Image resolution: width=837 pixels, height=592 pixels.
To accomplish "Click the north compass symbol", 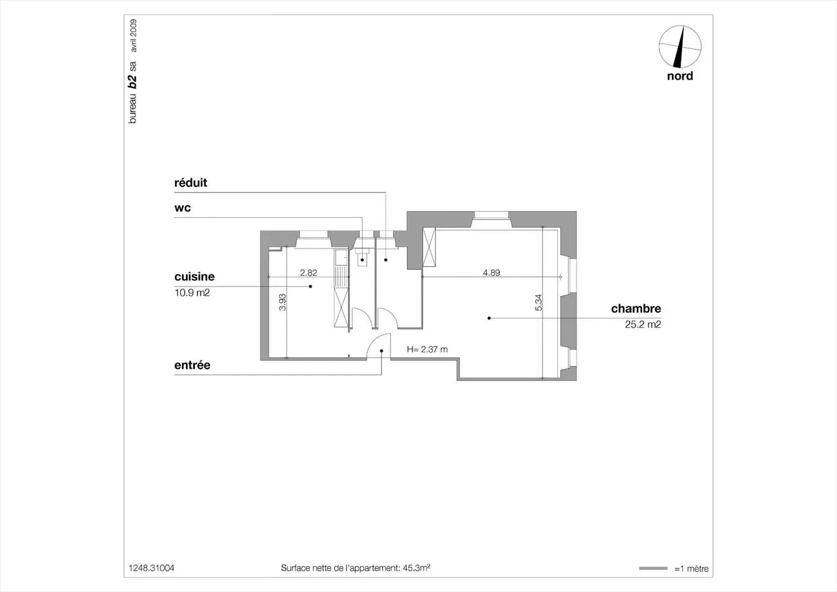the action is (x=680, y=47).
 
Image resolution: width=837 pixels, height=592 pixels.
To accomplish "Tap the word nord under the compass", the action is (x=680, y=76).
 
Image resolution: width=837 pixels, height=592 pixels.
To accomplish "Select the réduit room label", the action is (x=191, y=183).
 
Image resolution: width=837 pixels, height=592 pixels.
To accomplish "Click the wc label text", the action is (x=183, y=208).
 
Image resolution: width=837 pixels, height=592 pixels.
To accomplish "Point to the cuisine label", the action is (x=194, y=277).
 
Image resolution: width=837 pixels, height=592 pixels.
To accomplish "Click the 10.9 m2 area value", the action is (x=192, y=293).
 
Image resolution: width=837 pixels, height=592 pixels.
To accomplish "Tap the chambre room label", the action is (x=636, y=309).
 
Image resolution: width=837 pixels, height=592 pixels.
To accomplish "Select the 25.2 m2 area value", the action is (x=643, y=324).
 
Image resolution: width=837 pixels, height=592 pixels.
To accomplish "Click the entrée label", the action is (x=192, y=365).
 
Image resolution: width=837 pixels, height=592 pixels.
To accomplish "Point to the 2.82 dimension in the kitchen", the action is (x=308, y=273).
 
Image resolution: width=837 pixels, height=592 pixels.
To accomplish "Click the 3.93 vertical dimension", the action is (x=282, y=302).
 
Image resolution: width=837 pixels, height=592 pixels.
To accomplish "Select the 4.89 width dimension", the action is (x=491, y=273).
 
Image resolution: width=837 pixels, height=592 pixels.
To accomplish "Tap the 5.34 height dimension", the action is (x=538, y=303).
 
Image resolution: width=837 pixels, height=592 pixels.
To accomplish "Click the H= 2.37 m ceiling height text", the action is (x=427, y=350).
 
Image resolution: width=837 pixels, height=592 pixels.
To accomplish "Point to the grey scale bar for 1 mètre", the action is (x=653, y=569).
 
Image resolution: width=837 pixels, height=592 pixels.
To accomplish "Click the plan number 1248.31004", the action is (x=151, y=568).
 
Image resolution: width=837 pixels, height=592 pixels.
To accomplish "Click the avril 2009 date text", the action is (x=133, y=36).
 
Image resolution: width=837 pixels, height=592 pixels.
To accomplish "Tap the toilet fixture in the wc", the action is (x=362, y=257).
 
